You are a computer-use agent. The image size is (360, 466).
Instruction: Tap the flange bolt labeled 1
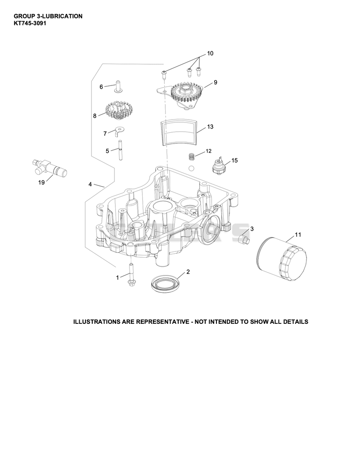(x=131, y=274)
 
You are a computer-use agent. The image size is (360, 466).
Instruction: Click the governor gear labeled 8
(x=119, y=110)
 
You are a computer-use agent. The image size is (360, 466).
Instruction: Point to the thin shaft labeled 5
(x=121, y=150)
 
